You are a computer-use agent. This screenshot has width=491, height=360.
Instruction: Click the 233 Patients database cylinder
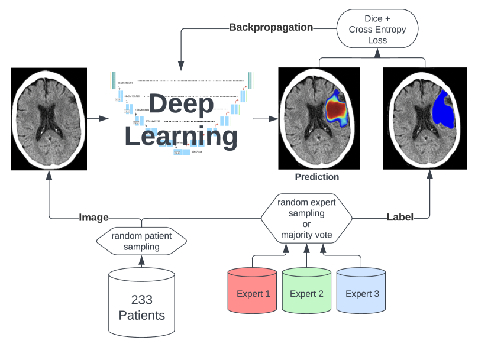click(x=141, y=304)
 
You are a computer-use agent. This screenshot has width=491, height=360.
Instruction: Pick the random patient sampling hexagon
click(x=141, y=241)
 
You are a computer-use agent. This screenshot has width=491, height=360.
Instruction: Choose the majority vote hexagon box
click(x=306, y=218)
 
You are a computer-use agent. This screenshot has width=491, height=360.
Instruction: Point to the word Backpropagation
click(x=270, y=27)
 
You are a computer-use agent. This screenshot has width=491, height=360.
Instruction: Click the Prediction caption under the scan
click(x=317, y=177)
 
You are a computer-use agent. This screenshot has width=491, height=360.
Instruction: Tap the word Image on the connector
click(x=95, y=218)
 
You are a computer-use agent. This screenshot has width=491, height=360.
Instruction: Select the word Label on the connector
click(x=400, y=218)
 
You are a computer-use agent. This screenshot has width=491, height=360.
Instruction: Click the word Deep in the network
click(x=180, y=105)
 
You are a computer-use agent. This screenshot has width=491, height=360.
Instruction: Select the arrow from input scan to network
click(x=98, y=119)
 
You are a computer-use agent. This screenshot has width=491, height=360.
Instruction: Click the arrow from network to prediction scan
click(x=265, y=119)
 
